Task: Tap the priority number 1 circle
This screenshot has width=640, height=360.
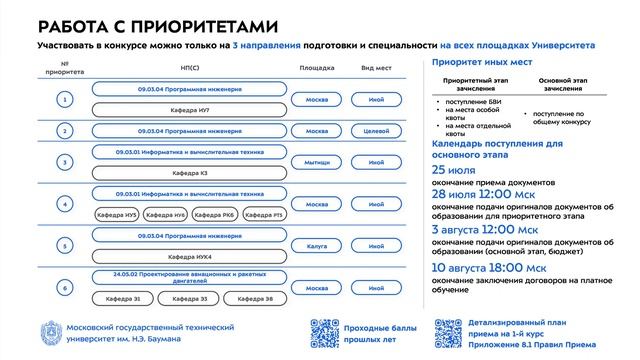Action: [x=65, y=101]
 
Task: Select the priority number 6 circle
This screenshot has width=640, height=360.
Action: [x=65, y=288]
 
